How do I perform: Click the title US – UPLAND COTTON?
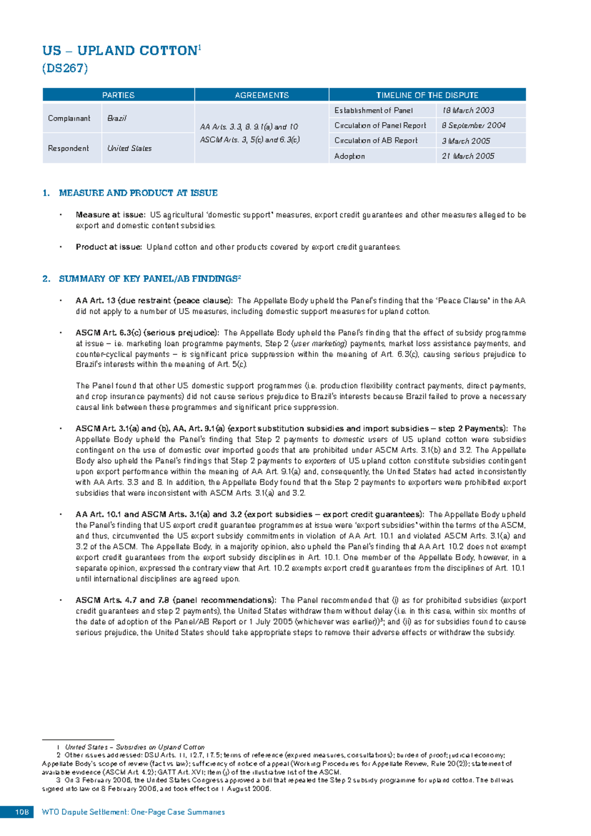(x=120, y=51)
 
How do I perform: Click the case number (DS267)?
(x=65, y=68)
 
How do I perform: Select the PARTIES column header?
(x=118, y=95)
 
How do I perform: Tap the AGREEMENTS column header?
(x=262, y=95)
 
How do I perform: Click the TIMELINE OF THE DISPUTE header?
(x=427, y=95)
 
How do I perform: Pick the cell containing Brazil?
(x=117, y=118)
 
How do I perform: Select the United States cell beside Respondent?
(x=130, y=148)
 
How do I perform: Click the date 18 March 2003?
(x=468, y=110)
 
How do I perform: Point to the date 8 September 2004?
(x=473, y=125)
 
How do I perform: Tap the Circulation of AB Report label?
(x=376, y=140)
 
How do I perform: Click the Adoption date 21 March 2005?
(x=468, y=156)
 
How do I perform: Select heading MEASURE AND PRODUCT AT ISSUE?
(x=138, y=193)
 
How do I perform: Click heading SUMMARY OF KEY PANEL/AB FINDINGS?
(x=148, y=279)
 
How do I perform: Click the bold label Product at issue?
(x=109, y=247)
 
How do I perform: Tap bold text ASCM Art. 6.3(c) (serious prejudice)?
(x=148, y=333)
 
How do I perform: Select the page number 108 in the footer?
(x=22, y=812)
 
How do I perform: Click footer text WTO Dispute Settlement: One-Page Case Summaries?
(x=133, y=812)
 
